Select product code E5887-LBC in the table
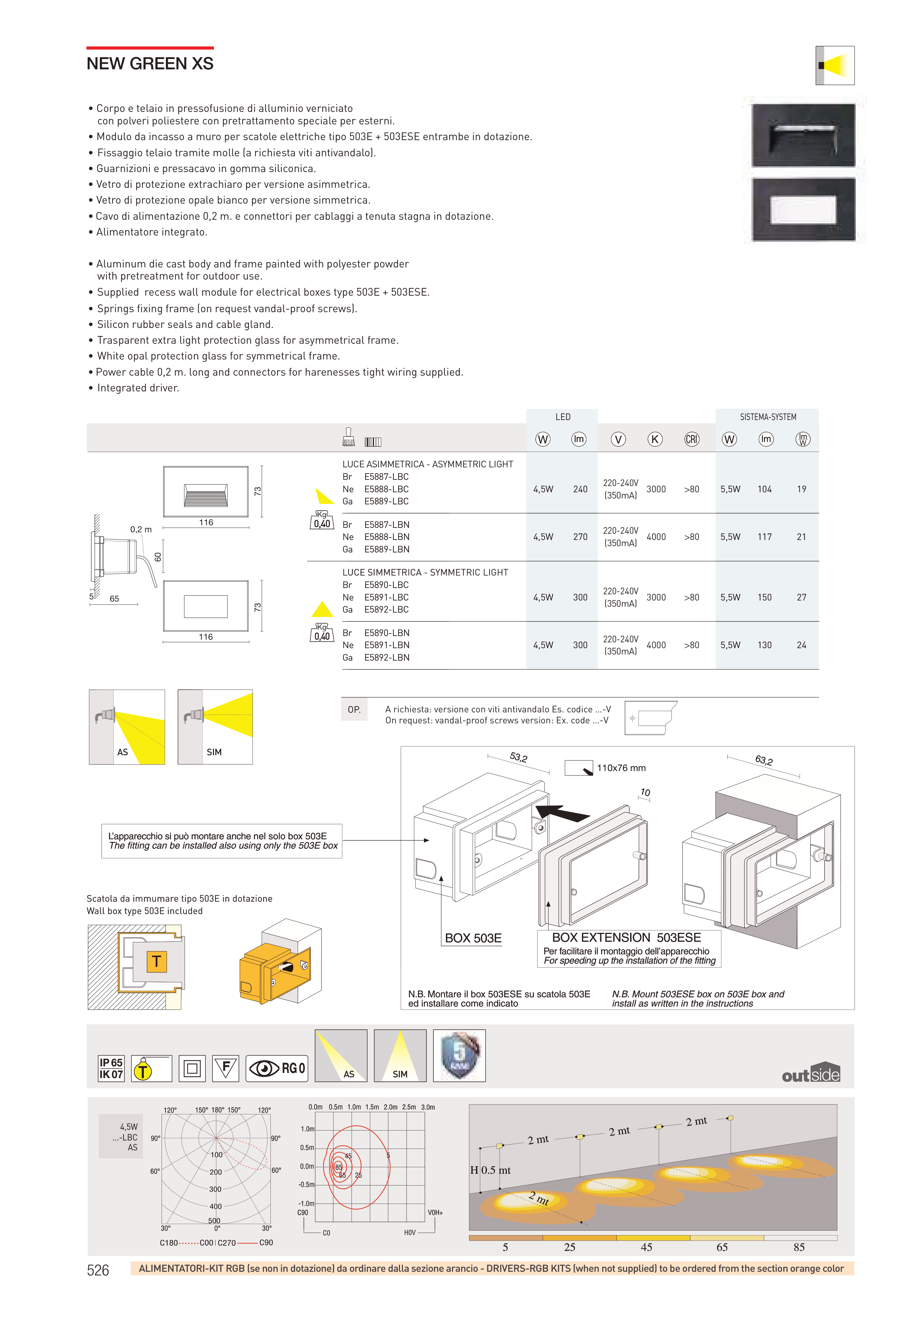pos(386,477)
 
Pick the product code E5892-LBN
pos(386,657)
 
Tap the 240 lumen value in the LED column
pos(580,489)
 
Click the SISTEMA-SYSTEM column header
pos(767,417)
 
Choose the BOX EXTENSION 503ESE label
pos(626,937)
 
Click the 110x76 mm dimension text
pos(621,768)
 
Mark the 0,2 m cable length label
pos(141,529)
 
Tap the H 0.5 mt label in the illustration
pos(490,1170)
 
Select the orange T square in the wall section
pos(156,961)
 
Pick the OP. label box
pos(354,709)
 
